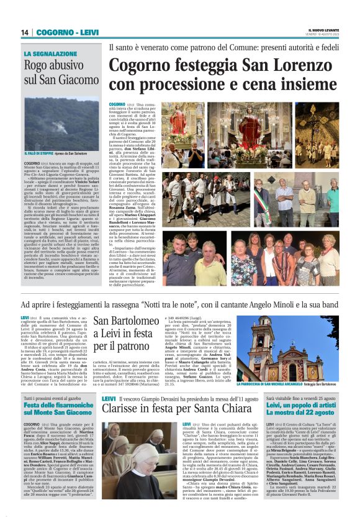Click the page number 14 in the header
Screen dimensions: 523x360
coord(25,32)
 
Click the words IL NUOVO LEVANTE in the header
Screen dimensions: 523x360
coord(323,29)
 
